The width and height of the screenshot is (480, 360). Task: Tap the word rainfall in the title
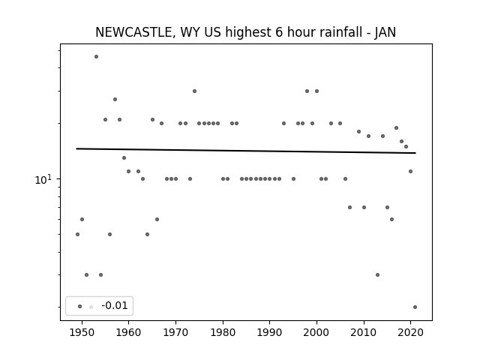click(x=341, y=32)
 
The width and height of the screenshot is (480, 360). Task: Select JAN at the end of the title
click(x=385, y=32)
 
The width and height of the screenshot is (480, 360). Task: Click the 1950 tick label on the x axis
click(x=82, y=332)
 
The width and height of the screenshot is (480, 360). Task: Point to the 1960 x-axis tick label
click(x=128, y=332)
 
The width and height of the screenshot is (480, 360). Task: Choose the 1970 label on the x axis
click(x=175, y=332)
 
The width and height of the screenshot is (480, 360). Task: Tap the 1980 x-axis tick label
click(x=223, y=332)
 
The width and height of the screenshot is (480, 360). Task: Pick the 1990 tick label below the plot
click(x=270, y=332)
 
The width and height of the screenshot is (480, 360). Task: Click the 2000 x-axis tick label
click(x=316, y=332)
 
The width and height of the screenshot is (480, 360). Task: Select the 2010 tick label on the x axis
click(x=364, y=332)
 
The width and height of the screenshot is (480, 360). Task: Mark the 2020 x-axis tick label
click(x=411, y=332)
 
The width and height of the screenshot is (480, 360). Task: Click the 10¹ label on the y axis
click(x=43, y=180)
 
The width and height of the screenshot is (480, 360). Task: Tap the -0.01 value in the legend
click(x=115, y=305)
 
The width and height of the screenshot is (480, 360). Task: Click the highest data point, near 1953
click(x=97, y=57)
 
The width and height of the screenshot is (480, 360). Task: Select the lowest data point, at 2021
click(x=415, y=307)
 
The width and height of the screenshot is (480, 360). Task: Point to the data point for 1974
click(x=195, y=91)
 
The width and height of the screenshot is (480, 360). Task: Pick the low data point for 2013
click(x=378, y=275)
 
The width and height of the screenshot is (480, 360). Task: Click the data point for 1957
click(x=115, y=99)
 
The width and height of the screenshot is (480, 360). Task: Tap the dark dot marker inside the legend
click(x=80, y=306)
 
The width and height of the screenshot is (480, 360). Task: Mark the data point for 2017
click(x=397, y=127)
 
